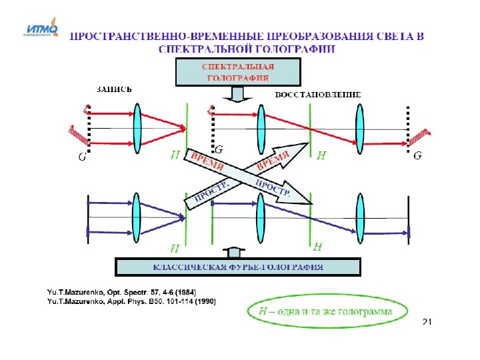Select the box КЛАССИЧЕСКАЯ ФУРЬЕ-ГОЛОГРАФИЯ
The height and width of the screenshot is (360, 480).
pyautogui.click(x=238, y=267)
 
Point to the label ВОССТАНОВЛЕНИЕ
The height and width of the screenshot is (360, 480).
pyautogui.click(x=318, y=95)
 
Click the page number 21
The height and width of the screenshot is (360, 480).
pyautogui.click(x=427, y=322)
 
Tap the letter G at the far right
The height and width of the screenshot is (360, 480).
pyautogui.click(x=417, y=157)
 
